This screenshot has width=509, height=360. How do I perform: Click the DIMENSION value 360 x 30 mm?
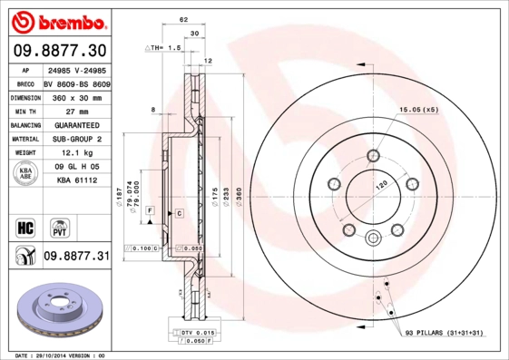coord(75,95)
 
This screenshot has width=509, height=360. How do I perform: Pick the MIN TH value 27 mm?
coord(75,110)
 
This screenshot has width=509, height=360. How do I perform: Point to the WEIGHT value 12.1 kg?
coord(75,153)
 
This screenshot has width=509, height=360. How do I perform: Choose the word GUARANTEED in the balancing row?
coord(75,124)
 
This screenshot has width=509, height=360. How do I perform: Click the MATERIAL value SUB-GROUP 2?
coord(75,139)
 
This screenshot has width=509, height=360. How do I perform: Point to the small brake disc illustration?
coord(57,309)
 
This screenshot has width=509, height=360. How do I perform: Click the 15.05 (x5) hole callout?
coord(418,110)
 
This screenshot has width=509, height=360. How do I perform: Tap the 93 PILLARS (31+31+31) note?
coord(449,334)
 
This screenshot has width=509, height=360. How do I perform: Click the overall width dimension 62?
coord(183,18)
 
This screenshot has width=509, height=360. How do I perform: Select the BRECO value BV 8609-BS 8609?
coord(75,81)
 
